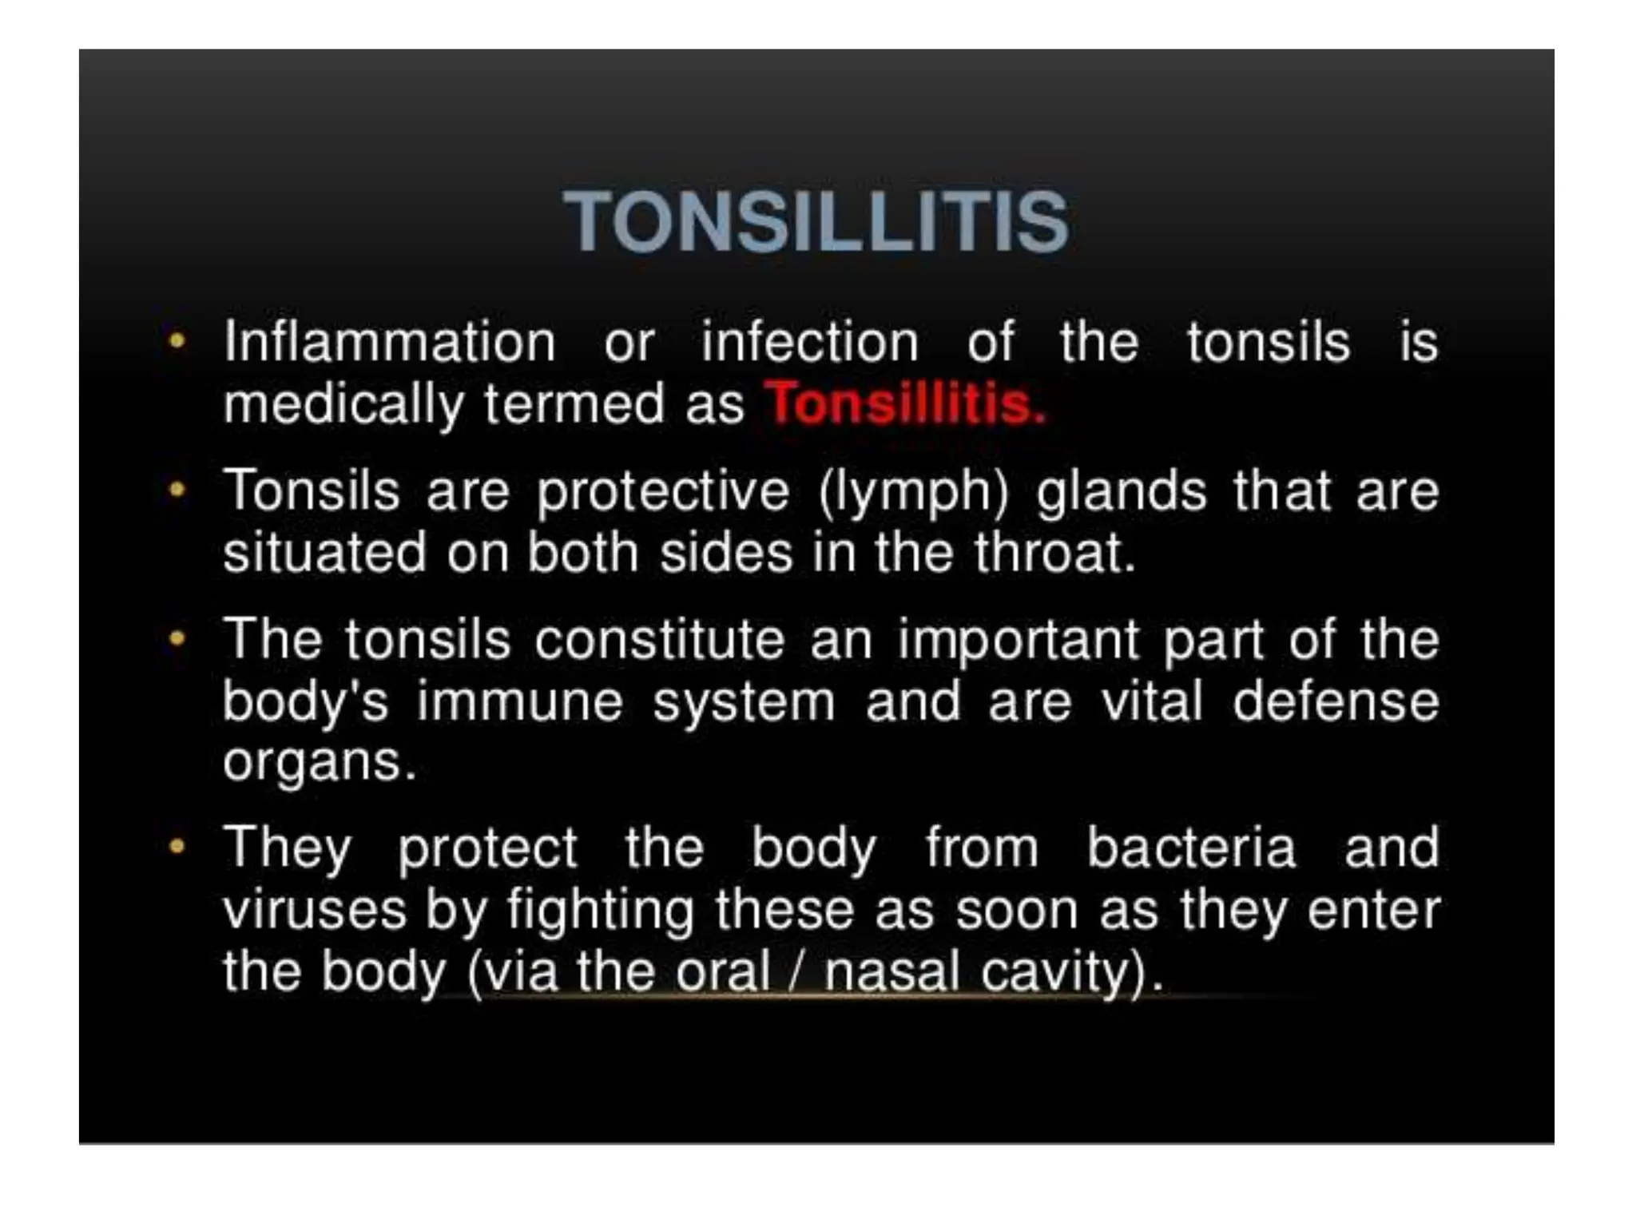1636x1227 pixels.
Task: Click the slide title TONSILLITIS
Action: (x=816, y=221)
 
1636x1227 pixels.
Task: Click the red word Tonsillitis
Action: (x=904, y=403)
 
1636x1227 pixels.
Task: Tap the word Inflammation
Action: (x=389, y=343)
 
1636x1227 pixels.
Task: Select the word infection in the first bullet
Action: (x=810, y=343)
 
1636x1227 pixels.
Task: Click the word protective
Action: (x=663, y=491)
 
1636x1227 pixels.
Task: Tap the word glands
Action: (x=1121, y=491)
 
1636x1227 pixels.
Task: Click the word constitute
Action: (x=660, y=640)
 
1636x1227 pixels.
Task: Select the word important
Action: (x=1019, y=641)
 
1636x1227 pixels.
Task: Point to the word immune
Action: (x=519, y=702)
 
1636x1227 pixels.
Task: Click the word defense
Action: (x=1336, y=702)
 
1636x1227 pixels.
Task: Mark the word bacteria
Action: (x=1191, y=848)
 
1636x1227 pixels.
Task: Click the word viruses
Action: (x=314, y=911)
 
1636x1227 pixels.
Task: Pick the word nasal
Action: (x=891, y=972)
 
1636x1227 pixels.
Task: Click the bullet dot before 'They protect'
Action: (x=177, y=846)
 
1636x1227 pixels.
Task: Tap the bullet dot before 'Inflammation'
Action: (x=177, y=341)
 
